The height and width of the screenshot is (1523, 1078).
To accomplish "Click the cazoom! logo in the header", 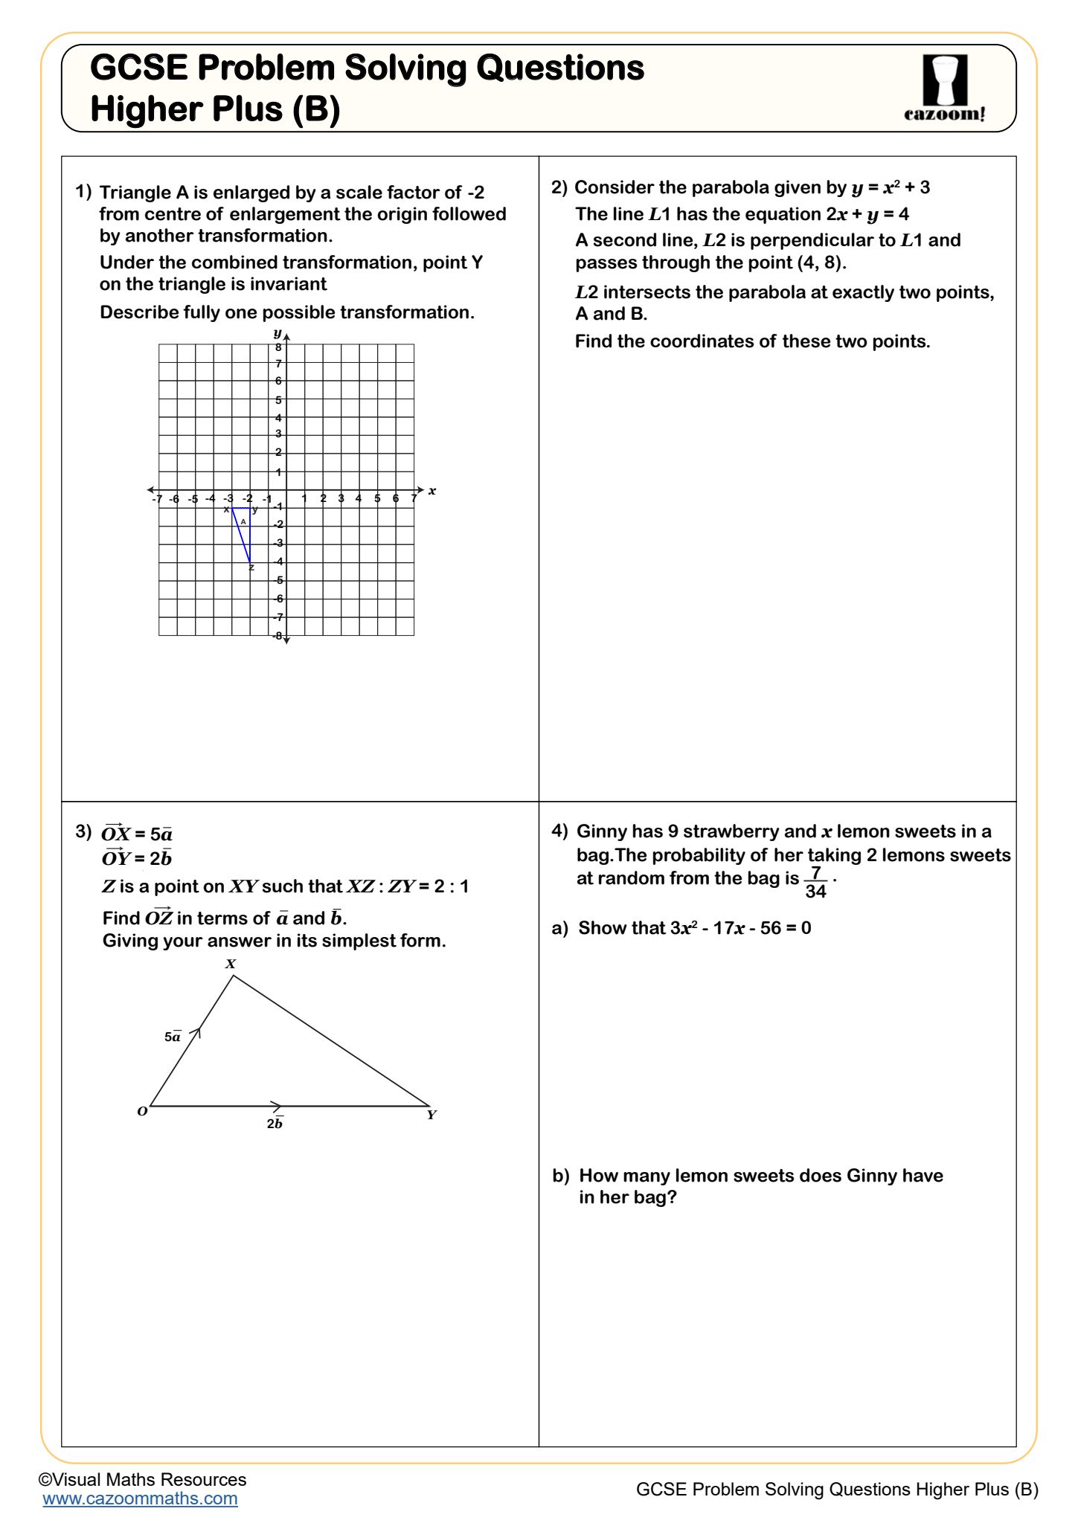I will point(944,88).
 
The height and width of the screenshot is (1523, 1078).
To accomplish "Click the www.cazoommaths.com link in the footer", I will point(140,1498).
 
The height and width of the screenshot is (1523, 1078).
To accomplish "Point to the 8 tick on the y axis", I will point(278,347).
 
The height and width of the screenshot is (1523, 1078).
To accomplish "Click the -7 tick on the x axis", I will point(157,499).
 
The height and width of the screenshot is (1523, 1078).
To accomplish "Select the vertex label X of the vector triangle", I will point(231,964).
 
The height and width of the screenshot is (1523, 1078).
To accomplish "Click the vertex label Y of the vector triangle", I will point(431,1115).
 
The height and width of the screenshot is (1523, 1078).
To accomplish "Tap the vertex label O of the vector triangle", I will point(142,1112).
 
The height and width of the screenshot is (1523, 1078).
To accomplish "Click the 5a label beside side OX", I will point(173,1037).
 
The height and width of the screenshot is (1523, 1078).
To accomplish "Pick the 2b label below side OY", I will point(275,1124).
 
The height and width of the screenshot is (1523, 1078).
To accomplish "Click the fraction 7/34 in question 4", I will point(815,882).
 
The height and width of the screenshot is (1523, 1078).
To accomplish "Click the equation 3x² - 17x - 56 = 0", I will point(740,928).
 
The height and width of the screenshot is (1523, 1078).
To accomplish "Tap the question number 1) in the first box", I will point(83,192).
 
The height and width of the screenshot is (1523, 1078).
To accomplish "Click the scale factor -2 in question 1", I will point(475,193).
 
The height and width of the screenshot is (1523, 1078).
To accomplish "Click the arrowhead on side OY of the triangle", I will point(276,1105).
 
